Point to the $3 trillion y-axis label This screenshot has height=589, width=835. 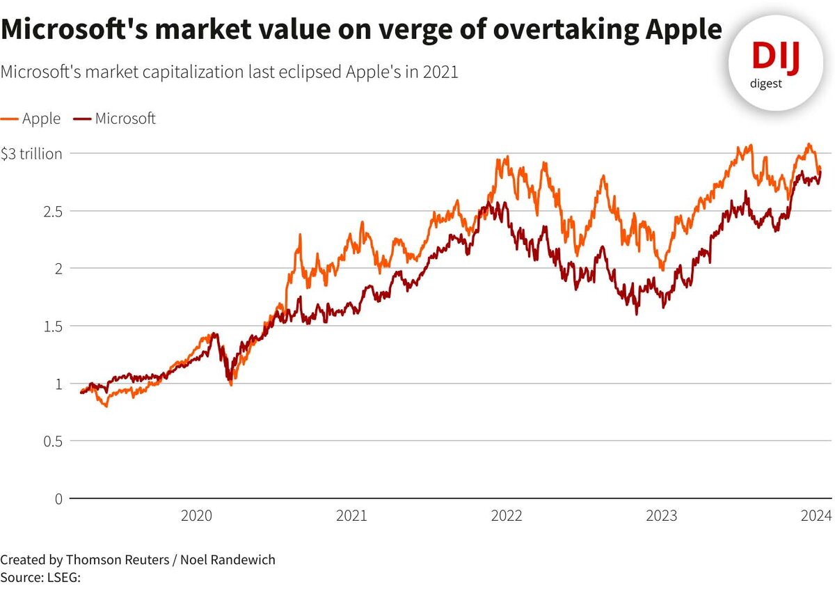[32, 154]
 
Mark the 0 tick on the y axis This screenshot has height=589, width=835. [58, 498]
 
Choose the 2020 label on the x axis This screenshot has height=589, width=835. [196, 516]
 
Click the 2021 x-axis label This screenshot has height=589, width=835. [351, 516]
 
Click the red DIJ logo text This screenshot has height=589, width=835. [776, 57]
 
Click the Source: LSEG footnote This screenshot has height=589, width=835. [42, 577]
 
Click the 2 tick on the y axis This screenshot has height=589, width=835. [58, 269]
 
